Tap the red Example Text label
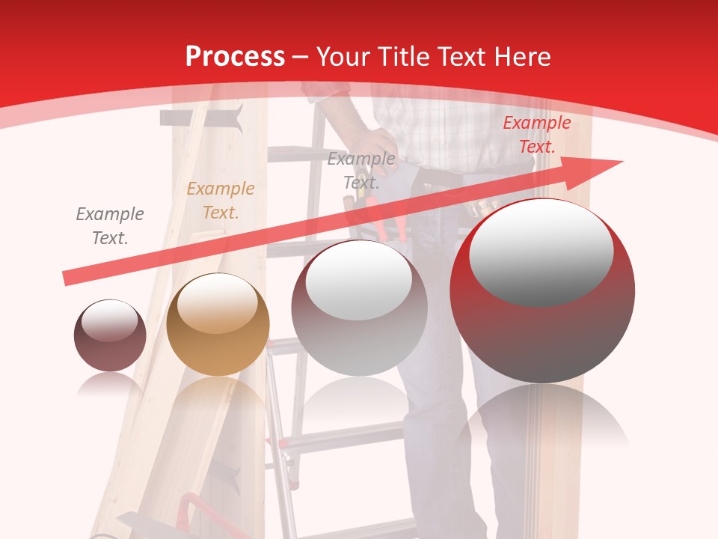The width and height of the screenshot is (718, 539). pos(536,135)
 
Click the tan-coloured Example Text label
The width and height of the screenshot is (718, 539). pos(221,201)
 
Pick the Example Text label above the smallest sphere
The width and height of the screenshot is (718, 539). pos(110,226)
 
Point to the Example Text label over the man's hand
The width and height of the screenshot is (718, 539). pos(361,170)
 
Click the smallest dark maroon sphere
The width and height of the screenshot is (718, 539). pos(110,335)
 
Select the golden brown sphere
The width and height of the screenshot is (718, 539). pos(218,324)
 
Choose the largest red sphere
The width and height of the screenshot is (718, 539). pos(542,292)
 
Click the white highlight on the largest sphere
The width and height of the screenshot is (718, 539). pos(541,252)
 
